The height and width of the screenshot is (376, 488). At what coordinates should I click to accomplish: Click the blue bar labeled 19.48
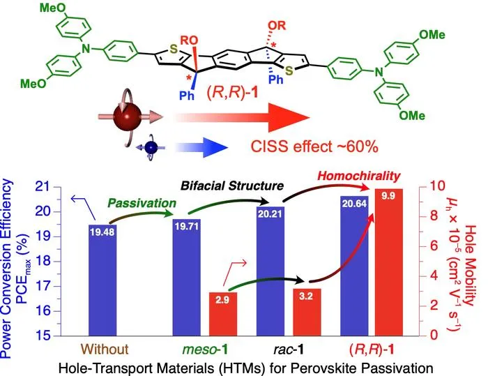102,280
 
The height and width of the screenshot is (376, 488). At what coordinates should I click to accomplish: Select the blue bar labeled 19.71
186,277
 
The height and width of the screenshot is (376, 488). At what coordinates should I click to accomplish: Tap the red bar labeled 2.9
223,314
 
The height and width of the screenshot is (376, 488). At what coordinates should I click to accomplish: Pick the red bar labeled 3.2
307,312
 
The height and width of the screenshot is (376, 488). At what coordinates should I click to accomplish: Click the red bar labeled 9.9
389,262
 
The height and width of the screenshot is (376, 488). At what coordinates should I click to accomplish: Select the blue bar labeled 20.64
354,266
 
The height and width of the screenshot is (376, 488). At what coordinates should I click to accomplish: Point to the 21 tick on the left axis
45,187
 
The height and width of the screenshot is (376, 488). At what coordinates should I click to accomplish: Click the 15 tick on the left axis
45,336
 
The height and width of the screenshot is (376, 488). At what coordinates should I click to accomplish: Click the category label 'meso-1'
205,349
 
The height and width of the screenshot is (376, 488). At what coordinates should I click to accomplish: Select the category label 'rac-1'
289,349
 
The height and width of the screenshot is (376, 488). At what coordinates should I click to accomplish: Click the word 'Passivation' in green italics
142,204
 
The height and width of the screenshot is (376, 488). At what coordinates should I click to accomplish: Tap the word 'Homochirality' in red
359,176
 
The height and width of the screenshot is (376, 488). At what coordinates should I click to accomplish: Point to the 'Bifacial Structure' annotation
232,186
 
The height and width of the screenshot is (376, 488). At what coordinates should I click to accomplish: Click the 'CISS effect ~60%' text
314,146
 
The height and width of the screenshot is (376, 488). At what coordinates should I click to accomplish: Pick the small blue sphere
151,148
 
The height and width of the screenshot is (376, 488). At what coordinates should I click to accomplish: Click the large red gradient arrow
243,118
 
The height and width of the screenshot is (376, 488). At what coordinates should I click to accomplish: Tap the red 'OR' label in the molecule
277,26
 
